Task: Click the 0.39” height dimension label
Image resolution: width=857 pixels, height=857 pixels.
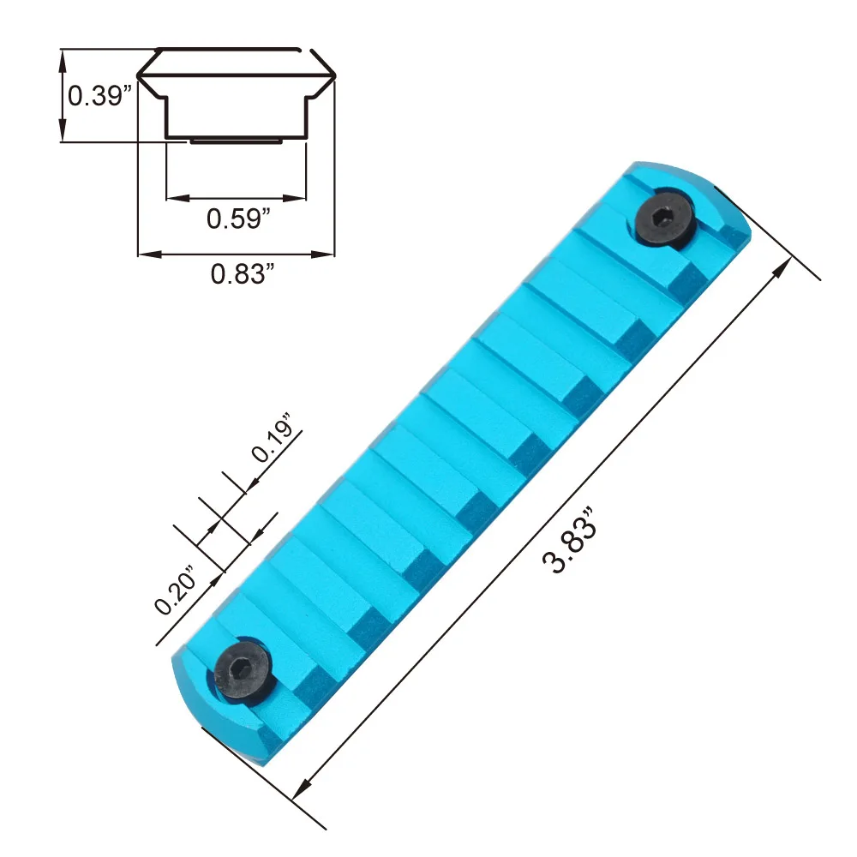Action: click(x=99, y=96)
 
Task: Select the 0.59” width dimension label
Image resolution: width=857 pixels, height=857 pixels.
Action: click(x=238, y=219)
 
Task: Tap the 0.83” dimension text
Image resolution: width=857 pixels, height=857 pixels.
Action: click(x=243, y=274)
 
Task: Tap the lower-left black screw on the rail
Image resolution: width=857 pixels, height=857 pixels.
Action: click(x=243, y=669)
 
